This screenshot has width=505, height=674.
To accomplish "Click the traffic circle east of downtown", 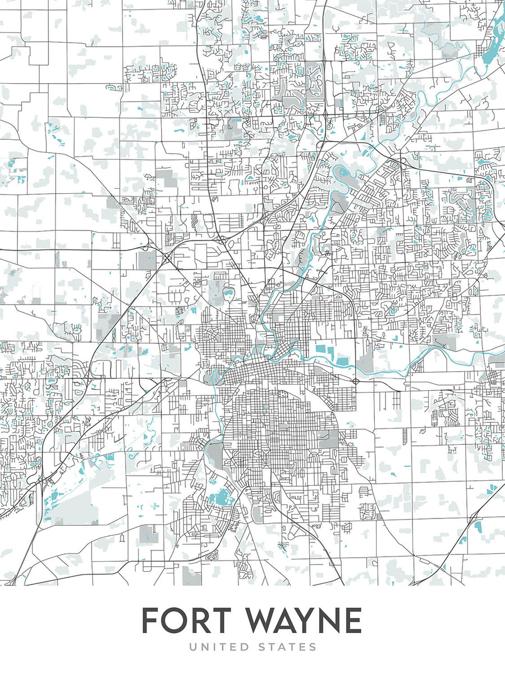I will click(356, 381).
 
